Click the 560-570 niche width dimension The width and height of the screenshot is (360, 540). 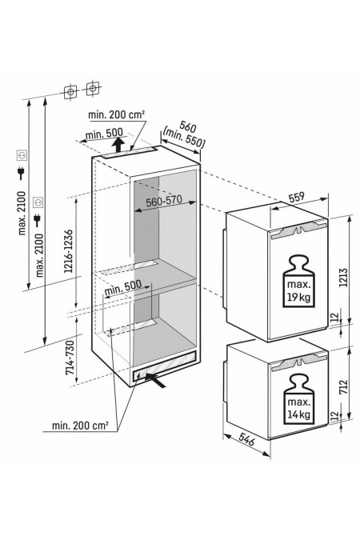pos(164,202)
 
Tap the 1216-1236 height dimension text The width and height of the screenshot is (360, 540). pos(69,250)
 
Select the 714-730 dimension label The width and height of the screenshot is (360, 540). pos(70,358)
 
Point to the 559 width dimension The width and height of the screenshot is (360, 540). pos(296,197)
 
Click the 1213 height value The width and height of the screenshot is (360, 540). pos(343,278)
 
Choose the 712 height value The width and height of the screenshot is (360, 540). pos(343,386)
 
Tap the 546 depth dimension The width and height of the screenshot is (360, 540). pos(246,440)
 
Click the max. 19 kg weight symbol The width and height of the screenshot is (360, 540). pos(298,281)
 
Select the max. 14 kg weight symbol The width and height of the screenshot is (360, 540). pos(298,399)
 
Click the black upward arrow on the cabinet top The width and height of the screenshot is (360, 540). pos(118,145)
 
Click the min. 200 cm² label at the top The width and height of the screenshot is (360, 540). pos(116,114)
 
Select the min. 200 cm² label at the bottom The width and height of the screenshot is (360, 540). pos(80,426)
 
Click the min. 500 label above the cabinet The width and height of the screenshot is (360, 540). pos(104,134)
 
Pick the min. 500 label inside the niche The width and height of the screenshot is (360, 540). pos(122,289)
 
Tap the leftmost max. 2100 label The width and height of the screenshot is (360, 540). pos(22,213)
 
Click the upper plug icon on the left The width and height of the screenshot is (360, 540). pos(22,173)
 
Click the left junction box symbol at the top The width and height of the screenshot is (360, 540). pos(70,92)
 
